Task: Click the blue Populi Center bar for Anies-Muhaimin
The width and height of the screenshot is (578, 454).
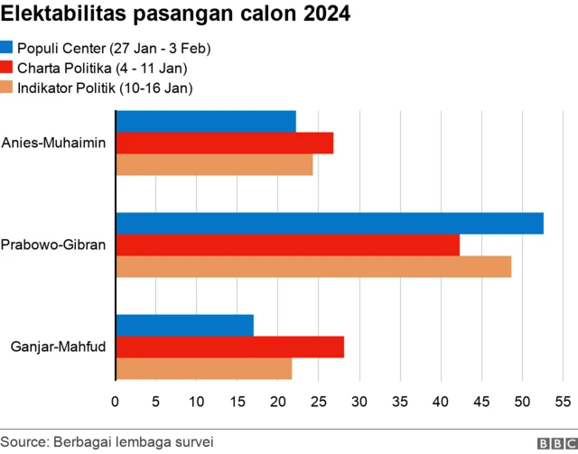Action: pyautogui.click(x=206, y=121)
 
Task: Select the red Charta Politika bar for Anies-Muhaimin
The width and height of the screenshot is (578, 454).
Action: pyautogui.click(x=225, y=143)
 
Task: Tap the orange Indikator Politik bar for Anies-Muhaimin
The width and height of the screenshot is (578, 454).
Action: pyautogui.click(x=214, y=165)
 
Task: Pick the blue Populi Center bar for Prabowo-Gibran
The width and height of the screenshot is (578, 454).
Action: pyautogui.click(x=330, y=223)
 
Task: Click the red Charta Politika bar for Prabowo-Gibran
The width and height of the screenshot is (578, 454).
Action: pyautogui.click(x=288, y=245)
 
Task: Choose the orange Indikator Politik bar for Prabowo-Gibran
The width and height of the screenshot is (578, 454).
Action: pyautogui.click(x=313, y=267)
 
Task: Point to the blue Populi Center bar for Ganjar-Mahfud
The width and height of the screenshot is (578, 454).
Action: pyautogui.click(x=185, y=325)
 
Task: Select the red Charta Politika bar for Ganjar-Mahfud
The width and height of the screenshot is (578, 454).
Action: pyautogui.click(x=230, y=347)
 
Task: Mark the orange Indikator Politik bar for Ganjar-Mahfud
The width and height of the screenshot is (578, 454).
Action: pyautogui.click(x=204, y=369)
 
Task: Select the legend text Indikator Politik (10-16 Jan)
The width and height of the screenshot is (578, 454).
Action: pyautogui.click(x=105, y=88)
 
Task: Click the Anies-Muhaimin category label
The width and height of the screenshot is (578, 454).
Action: pyautogui.click(x=54, y=143)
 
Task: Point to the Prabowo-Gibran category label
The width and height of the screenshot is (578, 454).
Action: pyautogui.click(x=54, y=245)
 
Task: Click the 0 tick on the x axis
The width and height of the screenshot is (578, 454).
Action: pyautogui.click(x=115, y=401)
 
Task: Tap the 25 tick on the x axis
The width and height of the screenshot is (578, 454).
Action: pyautogui.click(x=319, y=401)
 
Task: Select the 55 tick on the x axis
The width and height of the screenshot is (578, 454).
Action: pyautogui.click(x=563, y=401)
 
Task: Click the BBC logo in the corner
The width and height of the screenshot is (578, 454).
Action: pyautogui.click(x=556, y=443)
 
